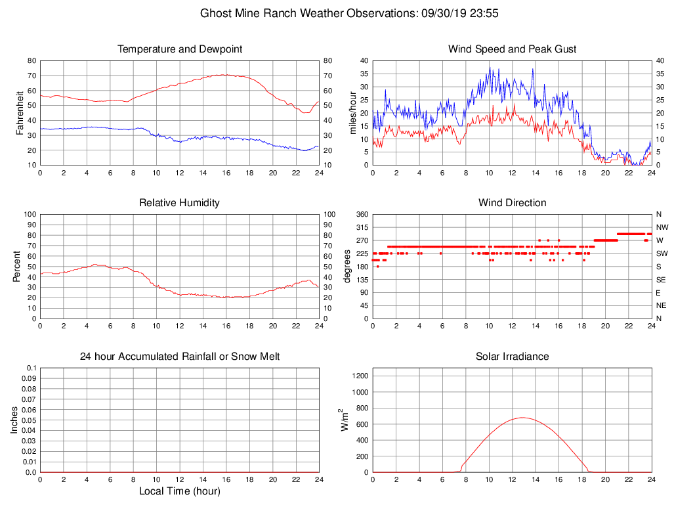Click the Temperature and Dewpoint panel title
pos(180,49)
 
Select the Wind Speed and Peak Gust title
pos(512,49)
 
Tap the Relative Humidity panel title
pos(180,203)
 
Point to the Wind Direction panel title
pos(512,203)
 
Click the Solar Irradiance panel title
pos(512,357)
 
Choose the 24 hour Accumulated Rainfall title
pos(180,357)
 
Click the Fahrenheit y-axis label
pos(20,113)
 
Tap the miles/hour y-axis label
pos(352,113)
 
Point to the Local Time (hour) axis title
pos(180,491)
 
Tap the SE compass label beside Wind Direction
pos(661,280)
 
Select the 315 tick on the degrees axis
pos(362,227)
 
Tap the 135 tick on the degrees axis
pos(362,280)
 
